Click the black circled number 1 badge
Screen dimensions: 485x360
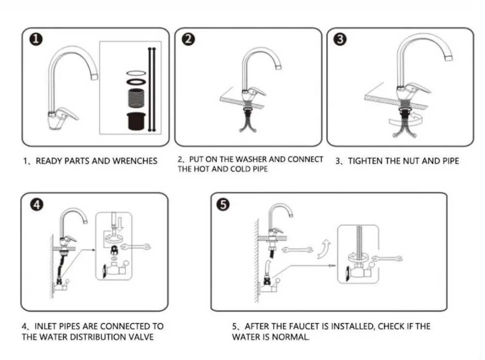(36, 39)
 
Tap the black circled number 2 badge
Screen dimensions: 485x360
(188, 39)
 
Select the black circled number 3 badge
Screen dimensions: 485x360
(340, 39)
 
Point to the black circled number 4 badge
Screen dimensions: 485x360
(37, 205)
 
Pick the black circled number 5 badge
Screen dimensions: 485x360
(223, 205)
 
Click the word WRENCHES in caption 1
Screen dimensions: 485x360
(135, 161)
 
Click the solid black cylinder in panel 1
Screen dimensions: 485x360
(136, 121)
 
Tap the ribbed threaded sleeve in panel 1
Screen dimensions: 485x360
(136, 98)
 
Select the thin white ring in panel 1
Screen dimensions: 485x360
(136, 73)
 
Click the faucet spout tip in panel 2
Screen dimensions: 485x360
(278, 66)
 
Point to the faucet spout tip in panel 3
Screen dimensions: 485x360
(449, 58)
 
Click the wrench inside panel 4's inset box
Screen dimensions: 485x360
(135, 246)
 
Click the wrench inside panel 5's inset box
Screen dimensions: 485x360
(387, 259)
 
